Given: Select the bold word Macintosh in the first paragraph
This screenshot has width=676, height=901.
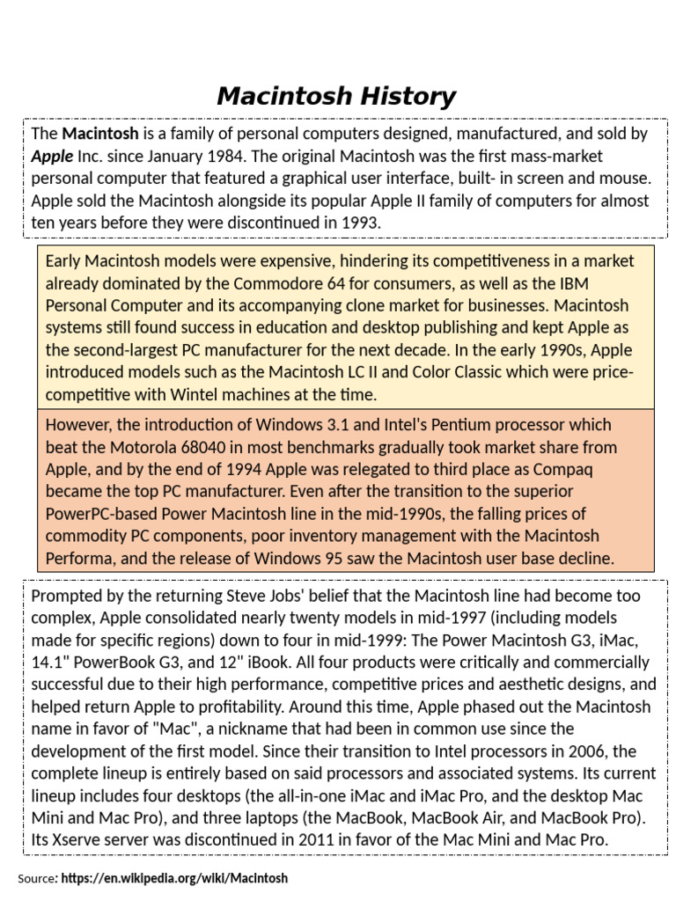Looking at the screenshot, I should point(99,134).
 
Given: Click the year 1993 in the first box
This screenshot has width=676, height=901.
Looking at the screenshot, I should point(361,223).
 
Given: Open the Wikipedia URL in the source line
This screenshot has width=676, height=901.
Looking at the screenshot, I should point(174,878).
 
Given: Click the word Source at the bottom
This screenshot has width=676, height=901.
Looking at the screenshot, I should point(37,878).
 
